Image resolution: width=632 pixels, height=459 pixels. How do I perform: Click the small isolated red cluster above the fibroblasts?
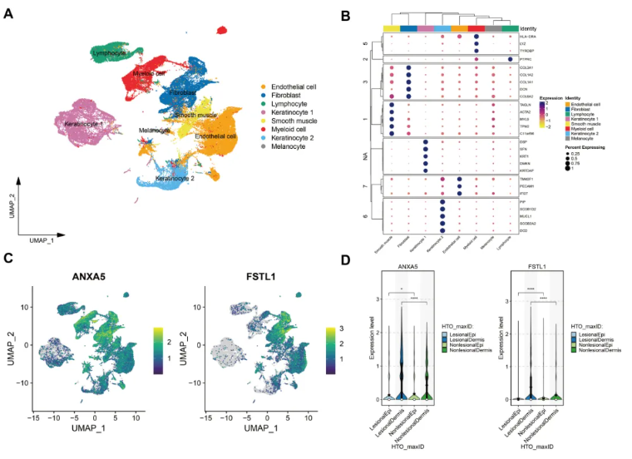click(221, 31)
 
